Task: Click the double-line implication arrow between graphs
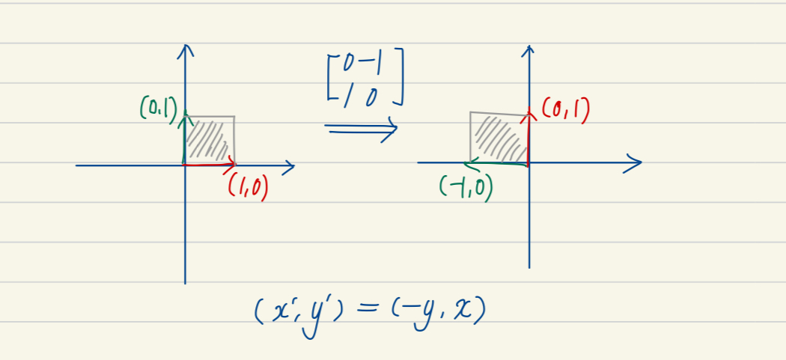click(362, 129)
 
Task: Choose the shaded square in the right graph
click(499, 138)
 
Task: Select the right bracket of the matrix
click(400, 76)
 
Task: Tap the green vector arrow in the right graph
click(497, 162)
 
